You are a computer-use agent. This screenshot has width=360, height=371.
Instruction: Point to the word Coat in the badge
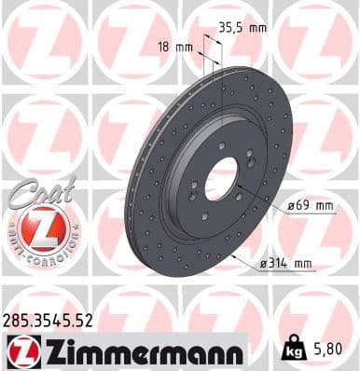pos(33,191)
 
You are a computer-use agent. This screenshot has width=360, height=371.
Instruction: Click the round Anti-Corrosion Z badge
pos(38,227)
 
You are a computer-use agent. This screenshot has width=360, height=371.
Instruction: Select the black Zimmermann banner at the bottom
pos(123,350)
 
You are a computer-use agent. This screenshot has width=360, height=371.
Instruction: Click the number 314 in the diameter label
pos(279,264)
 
